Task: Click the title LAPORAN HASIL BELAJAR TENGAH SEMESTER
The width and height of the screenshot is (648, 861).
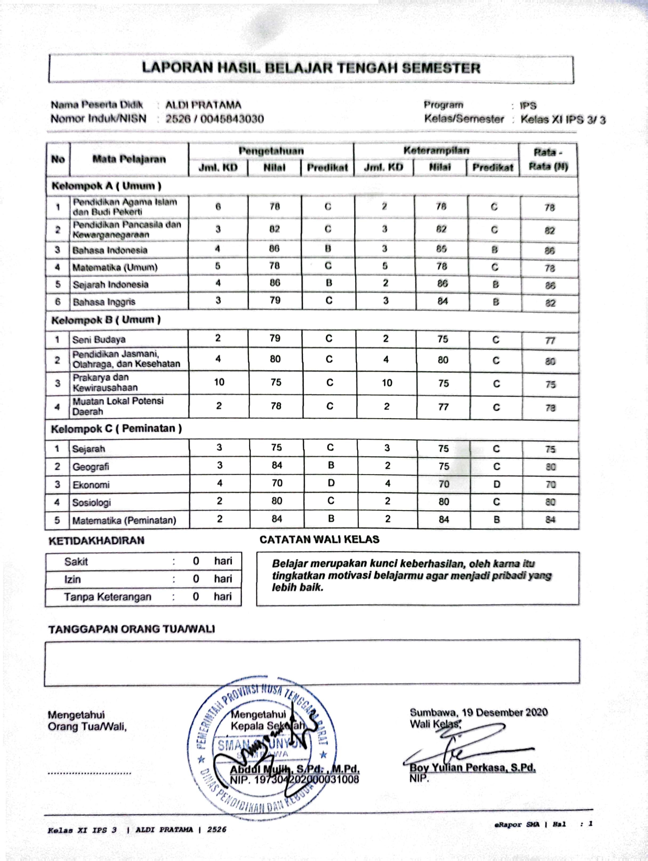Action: click(x=311, y=68)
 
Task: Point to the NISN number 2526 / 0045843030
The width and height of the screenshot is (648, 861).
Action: click(x=215, y=119)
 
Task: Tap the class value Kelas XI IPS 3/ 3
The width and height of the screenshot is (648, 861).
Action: click(x=563, y=120)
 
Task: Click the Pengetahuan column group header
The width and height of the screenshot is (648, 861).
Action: click(x=271, y=151)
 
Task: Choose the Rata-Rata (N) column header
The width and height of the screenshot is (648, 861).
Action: click(x=548, y=159)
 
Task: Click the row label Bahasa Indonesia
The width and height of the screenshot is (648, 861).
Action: click(x=110, y=250)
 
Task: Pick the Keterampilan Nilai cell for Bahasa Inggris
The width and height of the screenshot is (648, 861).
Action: click(x=442, y=301)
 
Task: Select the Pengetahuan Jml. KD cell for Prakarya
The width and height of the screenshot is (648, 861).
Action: click(x=219, y=382)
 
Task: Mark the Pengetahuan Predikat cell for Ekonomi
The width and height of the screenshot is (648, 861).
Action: click(x=331, y=483)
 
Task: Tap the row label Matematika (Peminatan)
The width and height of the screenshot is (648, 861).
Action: click(x=124, y=521)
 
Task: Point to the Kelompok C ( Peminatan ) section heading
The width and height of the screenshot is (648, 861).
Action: click(x=116, y=429)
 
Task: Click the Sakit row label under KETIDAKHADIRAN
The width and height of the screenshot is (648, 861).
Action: click(x=76, y=561)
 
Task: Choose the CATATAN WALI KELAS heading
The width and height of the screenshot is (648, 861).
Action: click(x=319, y=539)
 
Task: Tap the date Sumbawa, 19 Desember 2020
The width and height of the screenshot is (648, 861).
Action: click(x=478, y=713)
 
